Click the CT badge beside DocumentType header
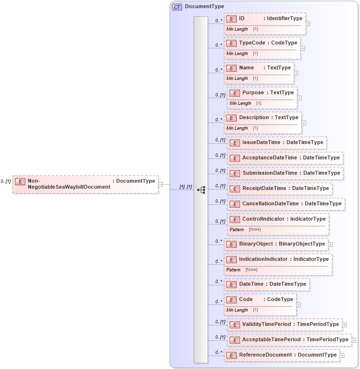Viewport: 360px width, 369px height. tap(177, 7)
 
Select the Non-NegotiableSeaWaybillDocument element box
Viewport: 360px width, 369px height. tap(85, 184)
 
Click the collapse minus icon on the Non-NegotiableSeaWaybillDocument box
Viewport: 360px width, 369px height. tap(161, 184)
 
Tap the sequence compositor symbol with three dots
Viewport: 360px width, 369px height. tap(201, 190)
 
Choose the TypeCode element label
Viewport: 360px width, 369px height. tap(252, 43)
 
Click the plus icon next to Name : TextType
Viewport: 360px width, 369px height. tap(296, 73)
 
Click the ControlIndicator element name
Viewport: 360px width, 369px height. tap(263, 219)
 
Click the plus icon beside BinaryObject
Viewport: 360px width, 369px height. tap(330, 245)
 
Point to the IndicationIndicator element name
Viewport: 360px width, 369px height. tap(263, 259)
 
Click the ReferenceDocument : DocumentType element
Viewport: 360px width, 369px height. tap(282, 355)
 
